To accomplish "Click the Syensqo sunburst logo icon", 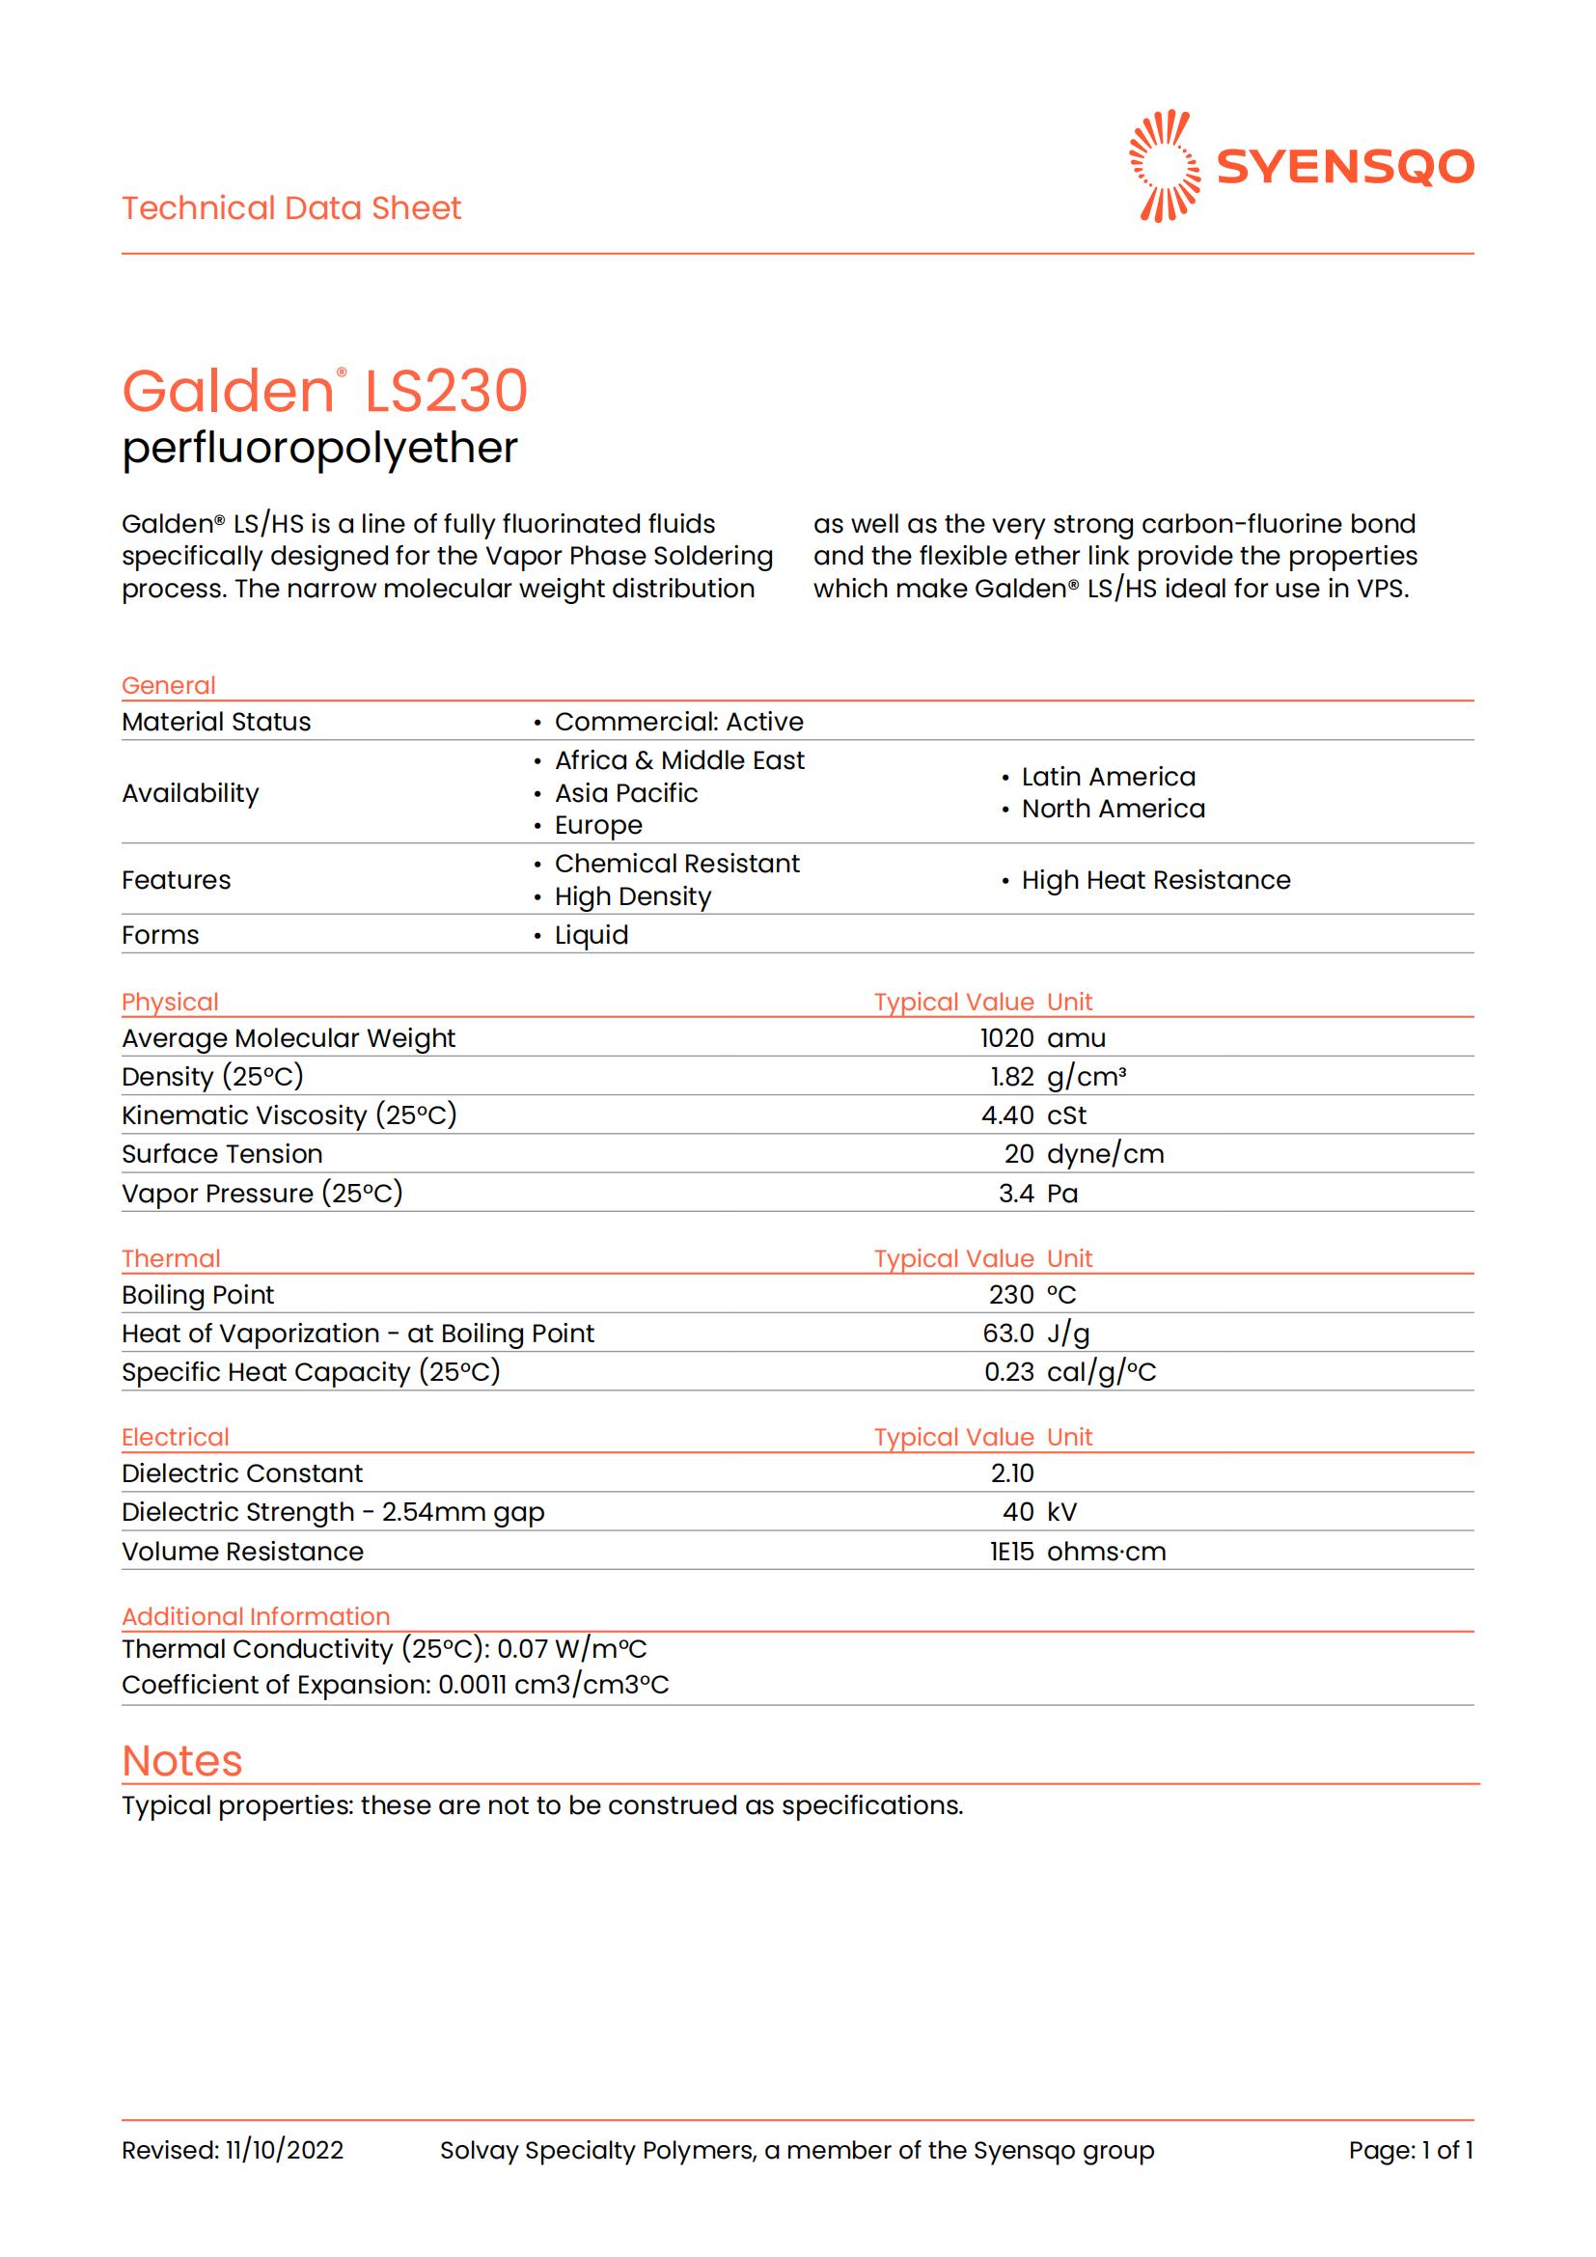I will click(x=1165, y=166).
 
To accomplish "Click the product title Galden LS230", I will click(x=324, y=391).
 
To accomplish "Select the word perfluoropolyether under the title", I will click(x=319, y=449).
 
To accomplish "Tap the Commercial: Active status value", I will click(x=678, y=722).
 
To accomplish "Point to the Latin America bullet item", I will click(x=1108, y=777).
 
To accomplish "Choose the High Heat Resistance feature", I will click(x=1155, y=880).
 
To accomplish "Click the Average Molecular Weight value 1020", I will click(x=1006, y=1038).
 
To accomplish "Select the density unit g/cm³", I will click(x=1086, y=1077).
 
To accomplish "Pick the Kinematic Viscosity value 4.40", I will click(x=1007, y=1115).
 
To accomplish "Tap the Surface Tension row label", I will click(x=222, y=1154).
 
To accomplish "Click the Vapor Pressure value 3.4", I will click(x=1016, y=1194).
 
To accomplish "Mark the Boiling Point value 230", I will click(x=1011, y=1295).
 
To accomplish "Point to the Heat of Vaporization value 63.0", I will click(x=1008, y=1333).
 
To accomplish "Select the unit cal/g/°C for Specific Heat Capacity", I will click(x=1101, y=1372).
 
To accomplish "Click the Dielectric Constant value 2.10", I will click(x=1012, y=1473).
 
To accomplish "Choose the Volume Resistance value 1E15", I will click(x=1011, y=1552).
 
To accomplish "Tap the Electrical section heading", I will click(x=175, y=1437).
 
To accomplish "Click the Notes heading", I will click(x=181, y=1761).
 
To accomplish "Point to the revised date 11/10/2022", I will click(x=284, y=2150).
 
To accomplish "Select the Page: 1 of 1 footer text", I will click(x=1411, y=2150).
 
